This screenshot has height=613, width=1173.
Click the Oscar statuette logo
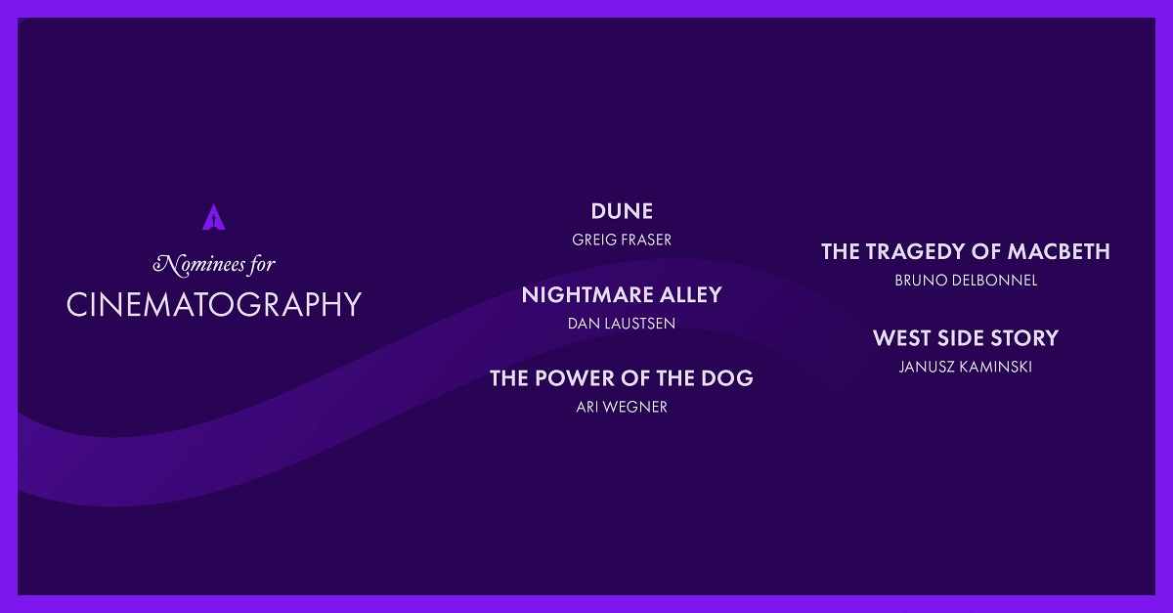coord(214,217)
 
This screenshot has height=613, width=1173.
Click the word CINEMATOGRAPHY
coord(214,304)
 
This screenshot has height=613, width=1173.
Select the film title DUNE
coord(622,212)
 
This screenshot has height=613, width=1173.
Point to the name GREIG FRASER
coord(622,240)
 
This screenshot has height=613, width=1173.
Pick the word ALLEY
coord(691,295)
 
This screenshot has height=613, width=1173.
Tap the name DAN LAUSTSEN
coord(622,324)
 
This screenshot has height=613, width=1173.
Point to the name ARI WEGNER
coord(622,407)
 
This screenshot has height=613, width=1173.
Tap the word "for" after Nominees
coord(262,265)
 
